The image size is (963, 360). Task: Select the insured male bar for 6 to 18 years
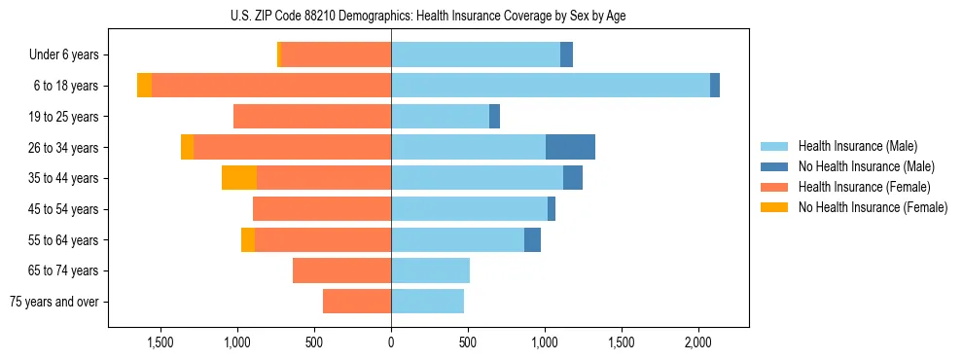(x=551, y=86)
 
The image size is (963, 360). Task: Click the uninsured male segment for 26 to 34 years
(x=570, y=147)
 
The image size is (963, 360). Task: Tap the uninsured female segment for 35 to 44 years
(x=239, y=178)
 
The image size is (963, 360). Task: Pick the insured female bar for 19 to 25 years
(x=312, y=117)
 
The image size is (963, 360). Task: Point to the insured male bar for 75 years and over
(x=427, y=302)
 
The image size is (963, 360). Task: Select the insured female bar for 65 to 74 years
(x=341, y=270)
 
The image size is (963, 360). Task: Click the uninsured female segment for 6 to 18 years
(x=144, y=86)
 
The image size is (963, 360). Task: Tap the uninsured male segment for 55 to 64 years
(x=532, y=239)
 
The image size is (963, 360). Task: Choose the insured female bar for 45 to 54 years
(x=322, y=209)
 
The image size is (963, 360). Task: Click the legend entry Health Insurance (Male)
(x=857, y=146)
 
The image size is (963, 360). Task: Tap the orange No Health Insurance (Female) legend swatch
(x=775, y=207)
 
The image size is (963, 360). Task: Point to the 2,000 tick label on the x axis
(x=698, y=342)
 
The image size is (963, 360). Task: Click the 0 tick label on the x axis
(x=391, y=342)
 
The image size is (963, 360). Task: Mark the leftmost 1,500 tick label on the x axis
(x=160, y=342)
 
